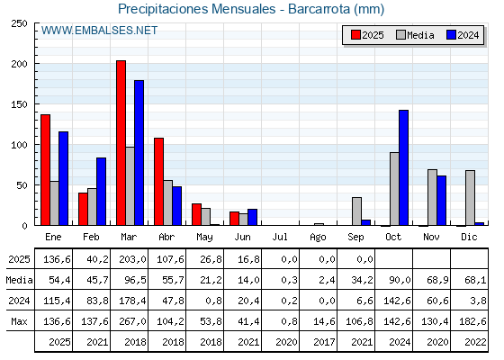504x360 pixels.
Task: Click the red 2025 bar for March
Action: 121,143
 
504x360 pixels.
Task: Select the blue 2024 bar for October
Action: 404,167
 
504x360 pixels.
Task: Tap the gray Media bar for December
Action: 470,198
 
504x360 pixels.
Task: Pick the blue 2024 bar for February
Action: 101,191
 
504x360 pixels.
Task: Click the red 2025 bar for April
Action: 158,182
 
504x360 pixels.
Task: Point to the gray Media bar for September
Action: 356,211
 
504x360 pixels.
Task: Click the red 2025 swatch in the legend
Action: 355,35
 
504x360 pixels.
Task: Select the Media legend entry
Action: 415,35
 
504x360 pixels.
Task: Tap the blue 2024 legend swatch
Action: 451,35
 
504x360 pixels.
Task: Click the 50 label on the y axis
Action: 22,185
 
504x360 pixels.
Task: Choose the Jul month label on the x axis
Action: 280,237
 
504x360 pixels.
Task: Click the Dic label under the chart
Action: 469,237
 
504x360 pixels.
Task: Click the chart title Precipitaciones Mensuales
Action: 197,9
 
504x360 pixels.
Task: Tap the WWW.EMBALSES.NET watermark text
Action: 99,31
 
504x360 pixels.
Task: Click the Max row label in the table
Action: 19,321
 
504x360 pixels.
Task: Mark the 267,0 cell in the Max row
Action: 132,321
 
